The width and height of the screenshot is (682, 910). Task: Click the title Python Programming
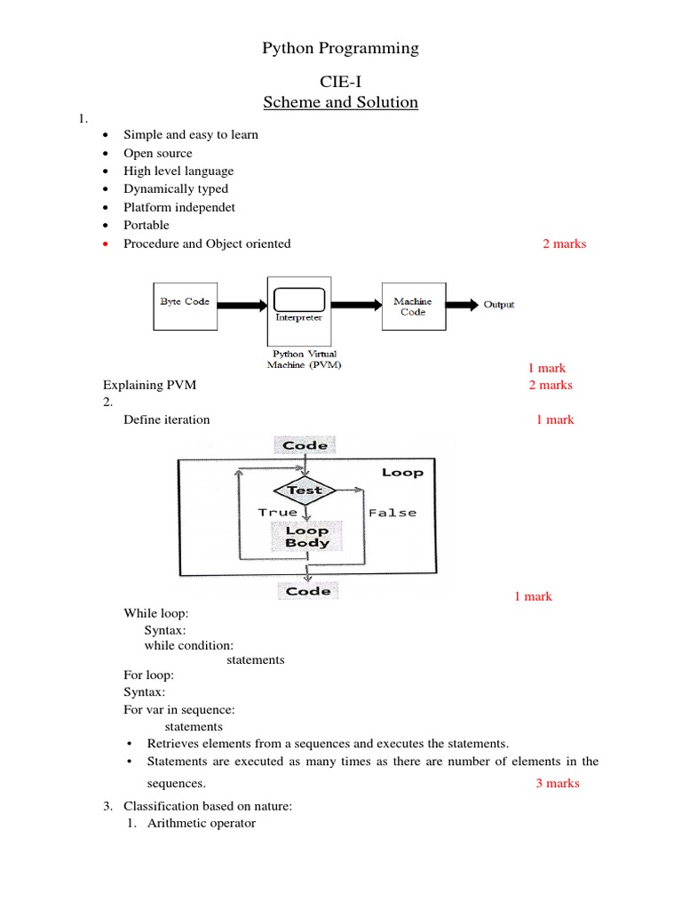(340, 49)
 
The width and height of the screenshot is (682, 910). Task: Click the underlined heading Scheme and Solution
(340, 102)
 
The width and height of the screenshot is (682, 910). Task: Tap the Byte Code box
(185, 302)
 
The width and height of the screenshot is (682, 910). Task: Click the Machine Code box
(412, 307)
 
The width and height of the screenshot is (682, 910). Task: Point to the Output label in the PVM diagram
(498, 305)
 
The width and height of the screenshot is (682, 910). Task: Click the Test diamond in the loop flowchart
(305, 491)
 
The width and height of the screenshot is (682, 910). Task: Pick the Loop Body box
(307, 537)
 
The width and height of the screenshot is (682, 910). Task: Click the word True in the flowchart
(277, 513)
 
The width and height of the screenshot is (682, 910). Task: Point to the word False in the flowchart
(392, 513)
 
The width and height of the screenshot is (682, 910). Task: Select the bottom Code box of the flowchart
(307, 591)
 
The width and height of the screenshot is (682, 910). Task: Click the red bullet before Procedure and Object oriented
(106, 244)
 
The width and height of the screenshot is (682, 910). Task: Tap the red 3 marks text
(557, 783)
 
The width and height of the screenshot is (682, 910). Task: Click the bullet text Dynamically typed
(176, 189)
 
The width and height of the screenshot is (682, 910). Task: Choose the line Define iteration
(167, 419)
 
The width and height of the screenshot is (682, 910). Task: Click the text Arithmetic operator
(202, 823)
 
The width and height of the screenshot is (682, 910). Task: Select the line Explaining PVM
(149, 385)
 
